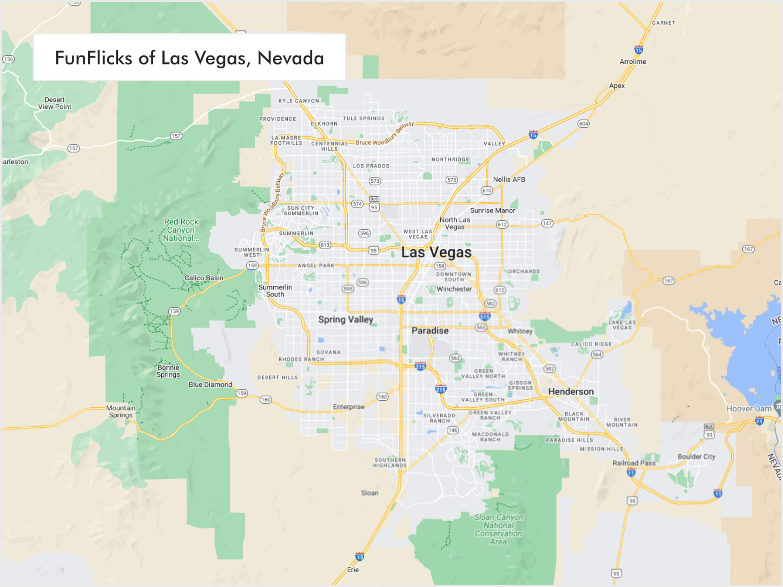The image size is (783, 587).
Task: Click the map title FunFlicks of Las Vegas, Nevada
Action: tap(189, 58)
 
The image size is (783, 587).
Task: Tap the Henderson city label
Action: tap(571, 392)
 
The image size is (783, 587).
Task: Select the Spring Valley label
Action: tap(346, 320)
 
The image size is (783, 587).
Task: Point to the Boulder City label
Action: tap(696, 457)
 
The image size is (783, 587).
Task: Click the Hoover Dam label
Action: tap(749, 409)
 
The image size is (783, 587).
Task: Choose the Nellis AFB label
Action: tap(509, 180)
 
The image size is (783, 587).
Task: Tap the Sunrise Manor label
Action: tap(493, 211)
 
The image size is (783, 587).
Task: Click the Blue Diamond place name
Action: tap(210, 385)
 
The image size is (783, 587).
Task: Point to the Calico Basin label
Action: tap(204, 278)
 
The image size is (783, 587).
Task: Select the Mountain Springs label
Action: tap(121, 411)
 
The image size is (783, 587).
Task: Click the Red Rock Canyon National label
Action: tap(181, 230)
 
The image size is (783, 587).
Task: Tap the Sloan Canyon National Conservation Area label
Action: tap(498, 529)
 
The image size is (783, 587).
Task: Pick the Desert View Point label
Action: tap(55, 103)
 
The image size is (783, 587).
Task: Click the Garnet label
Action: tap(664, 23)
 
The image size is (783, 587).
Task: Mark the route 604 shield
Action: tap(583, 124)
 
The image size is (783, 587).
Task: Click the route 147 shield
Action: tap(547, 223)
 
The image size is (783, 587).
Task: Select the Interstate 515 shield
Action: tap(485, 317)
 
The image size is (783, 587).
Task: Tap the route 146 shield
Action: tap(453, 430)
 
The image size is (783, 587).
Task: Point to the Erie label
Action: tap(353, 570)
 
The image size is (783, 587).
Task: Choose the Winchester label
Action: tap(454, 289)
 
